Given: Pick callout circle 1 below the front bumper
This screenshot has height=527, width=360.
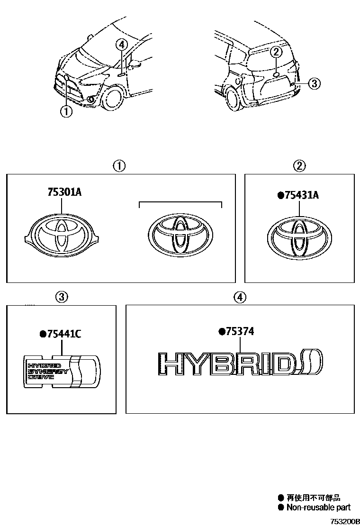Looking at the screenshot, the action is pos(66,112).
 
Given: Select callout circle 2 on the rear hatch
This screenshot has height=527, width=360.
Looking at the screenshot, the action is pos(277,52).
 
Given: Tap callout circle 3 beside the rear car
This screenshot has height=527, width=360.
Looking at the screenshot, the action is pos(315,84).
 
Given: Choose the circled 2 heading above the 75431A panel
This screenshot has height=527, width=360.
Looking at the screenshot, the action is pos(300,166).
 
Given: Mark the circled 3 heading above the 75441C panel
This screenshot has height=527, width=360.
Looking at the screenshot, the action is pos(62,297).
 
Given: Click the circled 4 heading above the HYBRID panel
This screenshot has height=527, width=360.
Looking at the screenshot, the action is pos(240,297).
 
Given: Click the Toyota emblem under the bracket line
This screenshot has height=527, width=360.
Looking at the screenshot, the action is pos(180,236).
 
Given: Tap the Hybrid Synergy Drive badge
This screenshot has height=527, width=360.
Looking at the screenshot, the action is pos(62,371).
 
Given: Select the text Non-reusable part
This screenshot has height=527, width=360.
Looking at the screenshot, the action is pos(318,507).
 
